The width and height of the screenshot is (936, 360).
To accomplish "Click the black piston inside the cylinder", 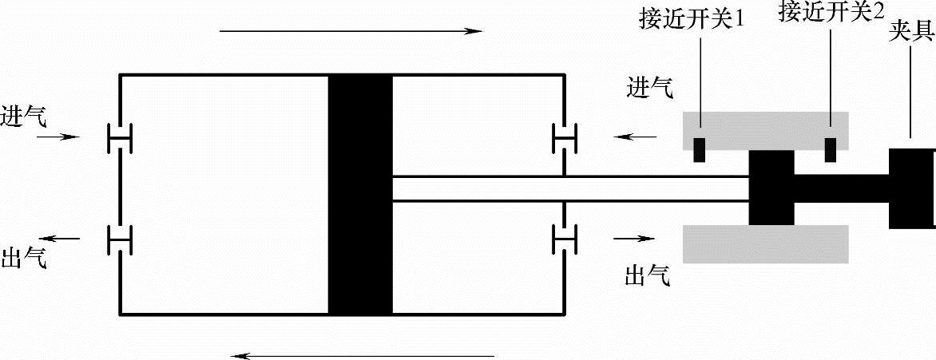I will click(x=360, y=194).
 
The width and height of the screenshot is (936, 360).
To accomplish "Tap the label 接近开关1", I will click(x=692, y=18).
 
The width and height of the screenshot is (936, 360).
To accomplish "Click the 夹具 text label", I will click(x=911, y=34).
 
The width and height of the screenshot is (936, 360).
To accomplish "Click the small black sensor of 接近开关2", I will click(x=830, y=149).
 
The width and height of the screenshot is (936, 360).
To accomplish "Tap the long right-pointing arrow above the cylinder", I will click(x=351, y=31).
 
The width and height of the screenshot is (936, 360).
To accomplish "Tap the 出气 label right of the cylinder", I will click(x=647, y=276).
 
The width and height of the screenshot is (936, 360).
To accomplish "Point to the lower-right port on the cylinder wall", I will click(x=565, y=238).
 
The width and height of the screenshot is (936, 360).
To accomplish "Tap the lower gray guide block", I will click(x=764, y=243).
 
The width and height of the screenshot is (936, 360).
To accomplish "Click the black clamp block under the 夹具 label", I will click(x=911, y=188).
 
